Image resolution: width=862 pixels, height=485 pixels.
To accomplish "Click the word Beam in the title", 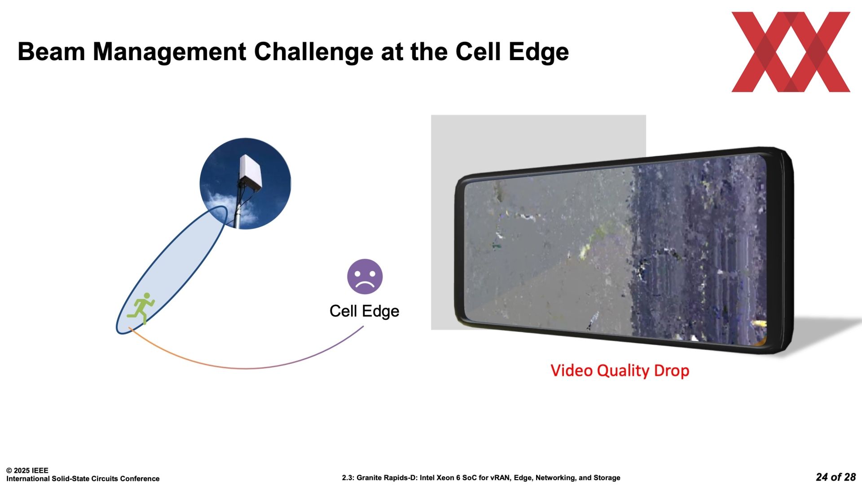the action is pyautogui.click(x=51, y=52).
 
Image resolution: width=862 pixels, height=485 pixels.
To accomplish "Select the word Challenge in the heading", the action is pyautogui.click(x=313, y=52).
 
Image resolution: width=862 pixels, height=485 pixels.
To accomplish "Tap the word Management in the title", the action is pyautogui.click(x=169, y=52).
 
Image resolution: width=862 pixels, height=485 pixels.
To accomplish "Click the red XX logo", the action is pyautogui.click(x=791, y=52).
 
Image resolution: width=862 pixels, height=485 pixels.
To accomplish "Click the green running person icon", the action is pyautogui.click(x=141, y=309).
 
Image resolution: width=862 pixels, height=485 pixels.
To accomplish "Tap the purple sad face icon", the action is pyautogui.click(x=365, y=277).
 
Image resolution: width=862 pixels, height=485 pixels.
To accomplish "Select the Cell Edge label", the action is pyautogui.click(x=364, y=311).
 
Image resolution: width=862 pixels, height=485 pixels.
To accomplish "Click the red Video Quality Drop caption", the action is pyautogui.click(x=620, y=371).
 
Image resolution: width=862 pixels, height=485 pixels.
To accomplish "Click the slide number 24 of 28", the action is pyautogui.click(x=836, y=477).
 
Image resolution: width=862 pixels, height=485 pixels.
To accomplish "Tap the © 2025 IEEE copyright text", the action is pyautogui.click(x=27, y=471).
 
